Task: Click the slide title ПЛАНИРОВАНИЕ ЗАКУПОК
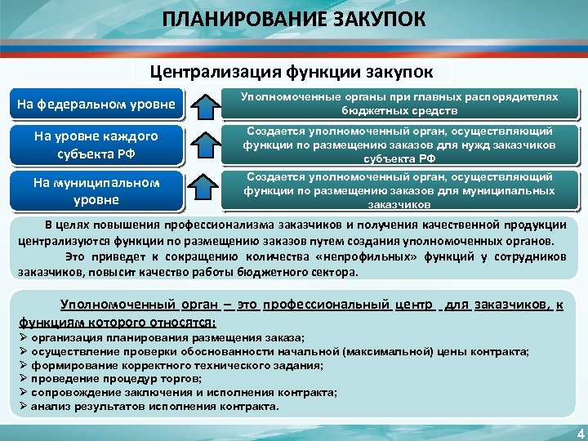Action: [x=293, y=18]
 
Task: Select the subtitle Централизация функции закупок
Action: [x=292, y=72]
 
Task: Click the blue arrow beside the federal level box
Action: [x=205, y=104]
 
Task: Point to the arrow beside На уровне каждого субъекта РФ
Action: [x=205, y=144]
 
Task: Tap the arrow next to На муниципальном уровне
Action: [x=205, y=189]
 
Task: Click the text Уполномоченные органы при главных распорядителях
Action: [x=399, y=96]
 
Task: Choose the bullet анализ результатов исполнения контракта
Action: [x=154, y=405]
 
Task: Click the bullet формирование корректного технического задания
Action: [x=176, y=365]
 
